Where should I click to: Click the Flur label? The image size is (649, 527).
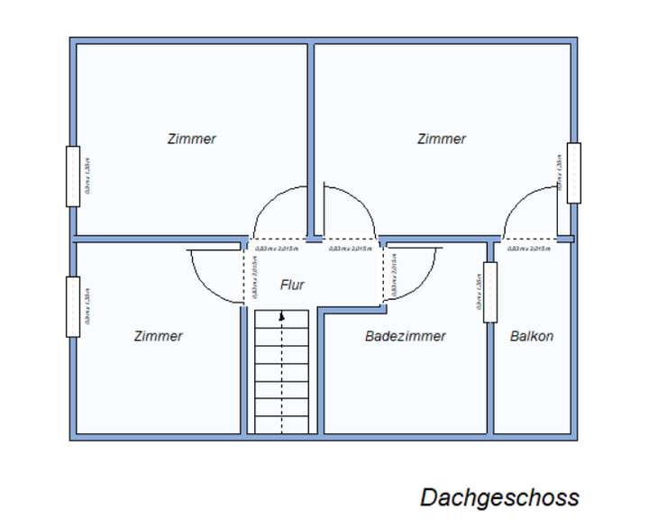pos(292,285)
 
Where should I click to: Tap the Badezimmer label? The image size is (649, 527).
pos(405,336)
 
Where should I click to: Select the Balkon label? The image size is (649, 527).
pos(532,336)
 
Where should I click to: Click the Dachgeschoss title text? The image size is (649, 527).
pos(498,497)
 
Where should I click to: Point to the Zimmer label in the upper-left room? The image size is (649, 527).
pos(191,139)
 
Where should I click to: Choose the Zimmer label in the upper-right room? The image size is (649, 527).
pos(442,139)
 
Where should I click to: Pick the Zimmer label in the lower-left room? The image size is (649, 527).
pos(158,336)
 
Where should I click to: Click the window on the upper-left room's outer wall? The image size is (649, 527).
pos(73,176)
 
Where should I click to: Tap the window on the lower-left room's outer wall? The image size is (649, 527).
pos(73,306)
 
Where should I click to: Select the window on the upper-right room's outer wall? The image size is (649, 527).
pos(573,172)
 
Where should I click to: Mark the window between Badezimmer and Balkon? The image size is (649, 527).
pos(489,291)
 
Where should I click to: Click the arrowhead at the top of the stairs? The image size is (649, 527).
pos(283,316)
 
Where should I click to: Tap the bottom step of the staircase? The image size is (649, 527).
pos(283,427)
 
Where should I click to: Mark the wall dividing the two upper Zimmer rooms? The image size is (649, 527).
pos(310,135)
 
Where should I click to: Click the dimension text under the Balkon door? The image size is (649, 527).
pos(528,249)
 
